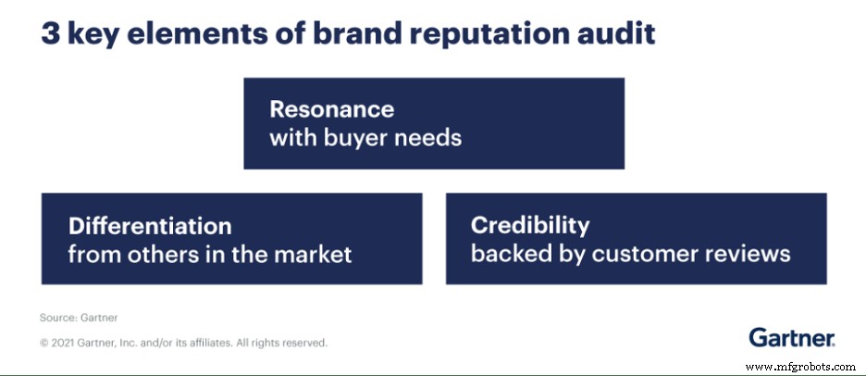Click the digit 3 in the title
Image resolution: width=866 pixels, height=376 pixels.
[x=50, y=33]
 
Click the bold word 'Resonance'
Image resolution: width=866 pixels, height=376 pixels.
[x=331, y=109]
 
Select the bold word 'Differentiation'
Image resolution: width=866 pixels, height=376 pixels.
[x=150, y=225]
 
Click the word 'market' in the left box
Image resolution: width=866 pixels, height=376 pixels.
[x=312, y=254]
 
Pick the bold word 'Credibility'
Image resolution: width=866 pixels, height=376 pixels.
[x=530, y=225]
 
